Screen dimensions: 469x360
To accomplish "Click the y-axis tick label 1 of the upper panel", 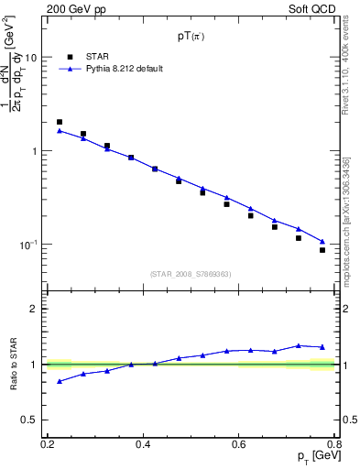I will (x=34, y=151).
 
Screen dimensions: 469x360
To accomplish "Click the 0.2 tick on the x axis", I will (x=48, y=443).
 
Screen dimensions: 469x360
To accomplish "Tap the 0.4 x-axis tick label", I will (x=143, y=443).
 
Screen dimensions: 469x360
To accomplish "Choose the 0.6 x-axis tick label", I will (x=238, y=443).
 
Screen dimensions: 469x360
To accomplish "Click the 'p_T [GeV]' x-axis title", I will (x=314, y=457).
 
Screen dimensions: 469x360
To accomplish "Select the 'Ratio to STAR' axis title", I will (x=14, y=365).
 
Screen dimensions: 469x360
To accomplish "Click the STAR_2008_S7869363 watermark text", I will (x=191, y=273).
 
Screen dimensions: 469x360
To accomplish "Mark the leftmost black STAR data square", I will (x=60, y=122).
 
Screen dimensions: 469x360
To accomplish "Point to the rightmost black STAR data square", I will (x=322, y=250).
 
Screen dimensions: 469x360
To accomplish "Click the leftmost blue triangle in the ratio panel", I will (x=60, y=381).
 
